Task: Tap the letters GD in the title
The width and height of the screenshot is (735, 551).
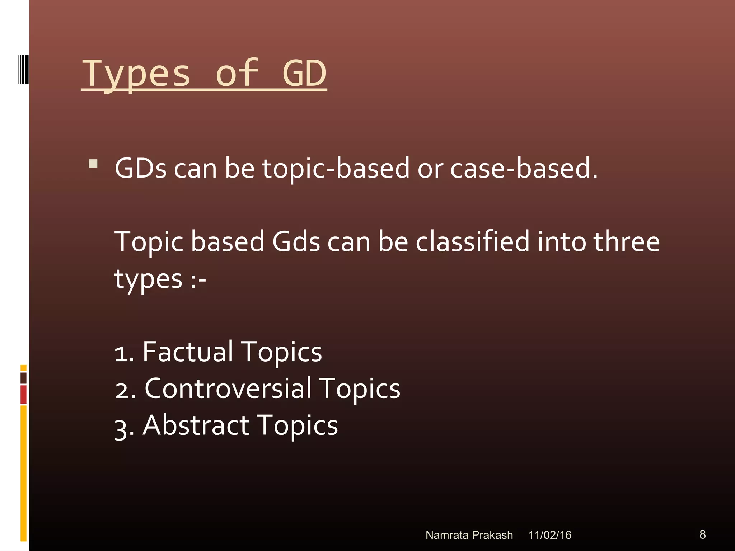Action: tap(304, 74)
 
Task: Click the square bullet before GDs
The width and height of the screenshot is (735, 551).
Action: tap(93, 164)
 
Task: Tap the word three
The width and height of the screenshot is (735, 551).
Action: tap(626, 241)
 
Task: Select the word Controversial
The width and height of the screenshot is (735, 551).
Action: tap(228, 388)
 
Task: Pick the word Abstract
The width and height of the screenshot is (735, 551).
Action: tap(196, 425)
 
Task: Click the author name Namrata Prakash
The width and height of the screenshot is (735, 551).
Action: tap(469, 535)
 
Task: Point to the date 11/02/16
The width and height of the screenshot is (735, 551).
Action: tap(549, 535)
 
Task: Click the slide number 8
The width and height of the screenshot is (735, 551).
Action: tap(702, 534)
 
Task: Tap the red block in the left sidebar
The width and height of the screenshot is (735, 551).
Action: tap(23, 394)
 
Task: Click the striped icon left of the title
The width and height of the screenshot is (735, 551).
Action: tap(23, 69)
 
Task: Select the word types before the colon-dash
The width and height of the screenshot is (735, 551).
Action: tap(148, 279)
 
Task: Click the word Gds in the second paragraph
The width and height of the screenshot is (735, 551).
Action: tap(296, 241)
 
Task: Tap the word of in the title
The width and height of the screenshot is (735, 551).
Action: tap(237, 74)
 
